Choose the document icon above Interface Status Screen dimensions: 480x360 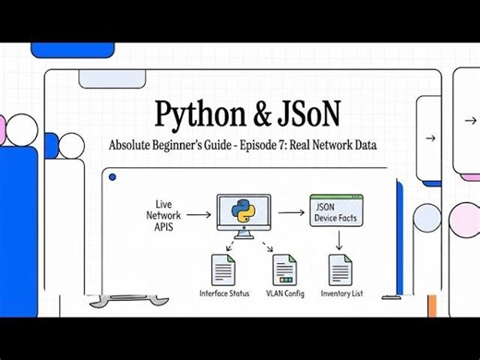tap(223, 271)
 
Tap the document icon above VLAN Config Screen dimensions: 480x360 tap(283, 271)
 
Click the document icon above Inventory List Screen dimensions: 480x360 tap(340, 271)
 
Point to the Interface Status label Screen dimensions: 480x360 tap(224, 294)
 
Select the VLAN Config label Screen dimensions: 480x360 tap(283, 294)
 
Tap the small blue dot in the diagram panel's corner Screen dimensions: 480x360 tap(111, 175)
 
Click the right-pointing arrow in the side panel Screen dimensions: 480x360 tap(430, 138)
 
